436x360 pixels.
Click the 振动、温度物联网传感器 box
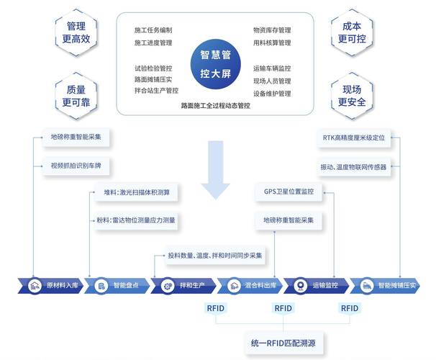pos(353,166)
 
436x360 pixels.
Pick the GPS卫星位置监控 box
pos(289,192)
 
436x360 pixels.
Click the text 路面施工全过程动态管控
pos(216,105)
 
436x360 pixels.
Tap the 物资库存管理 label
pos(272,30)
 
